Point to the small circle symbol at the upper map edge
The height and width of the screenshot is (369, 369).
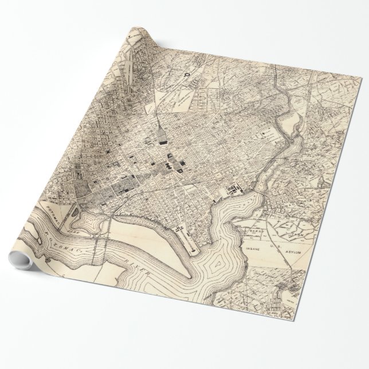tap(186, 74)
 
